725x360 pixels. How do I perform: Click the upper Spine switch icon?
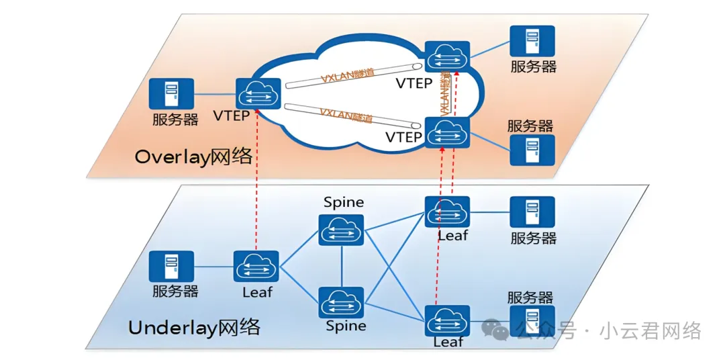point(341,230)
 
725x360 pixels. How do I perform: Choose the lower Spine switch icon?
point(341,303)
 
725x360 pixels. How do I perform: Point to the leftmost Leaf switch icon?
point(256,267)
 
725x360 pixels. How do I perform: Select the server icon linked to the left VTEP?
point(171,95)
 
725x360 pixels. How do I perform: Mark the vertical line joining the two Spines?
point(342,267)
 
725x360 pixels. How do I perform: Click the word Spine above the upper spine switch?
point(344,202)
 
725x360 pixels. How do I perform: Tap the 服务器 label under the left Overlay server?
point(175,120)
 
